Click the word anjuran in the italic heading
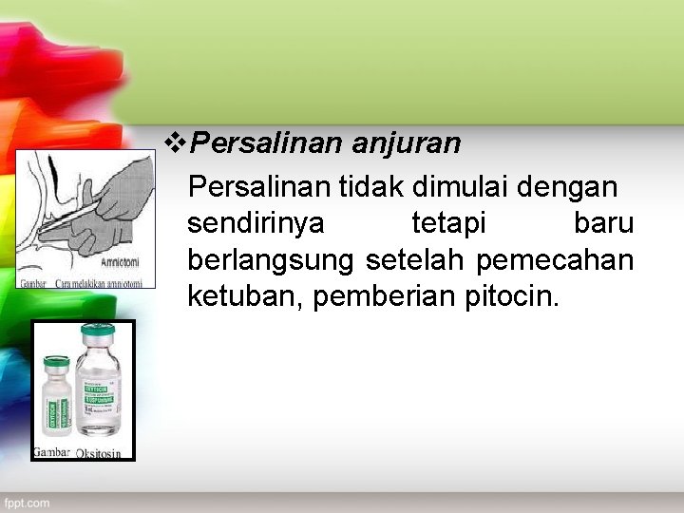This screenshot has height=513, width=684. pyautogui.click(x=407, y=143)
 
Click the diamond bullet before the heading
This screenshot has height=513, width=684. pyautogui.click(x=177, y=143)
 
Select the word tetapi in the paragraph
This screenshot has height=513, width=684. pyautogui.click(x=448, y=224)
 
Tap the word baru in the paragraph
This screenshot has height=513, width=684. pyautogui.click(x=603, y=224)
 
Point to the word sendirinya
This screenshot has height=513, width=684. pyautogui.click(x=256, y=224)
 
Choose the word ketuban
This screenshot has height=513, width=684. pyautogui.click(x=244, y=296)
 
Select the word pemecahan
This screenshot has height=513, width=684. pyautogui.click(x=555, y=259)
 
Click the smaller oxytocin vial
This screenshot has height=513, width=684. pyautogui.click(x=57, y=397)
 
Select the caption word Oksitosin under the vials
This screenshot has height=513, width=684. pyautogui.click(x=98, y=453)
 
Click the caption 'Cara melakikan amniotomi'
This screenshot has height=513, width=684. pyautogui.click(x=99, y=282)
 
